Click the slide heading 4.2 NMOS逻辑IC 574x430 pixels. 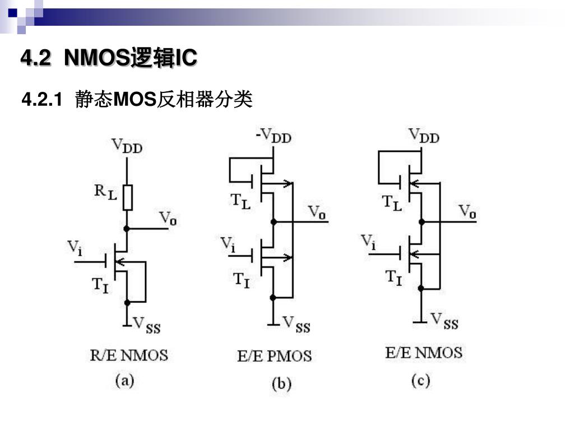tap(109, 58)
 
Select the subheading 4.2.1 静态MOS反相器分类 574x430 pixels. tap(137, 100)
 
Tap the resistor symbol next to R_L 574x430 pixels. tap(128, 197)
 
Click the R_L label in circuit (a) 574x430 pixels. tap(105, 192)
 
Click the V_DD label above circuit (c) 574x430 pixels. tap(424, 135)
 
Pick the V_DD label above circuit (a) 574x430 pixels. tap(127, 146)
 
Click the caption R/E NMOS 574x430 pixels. tap(129, 355)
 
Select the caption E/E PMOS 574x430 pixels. tap(274, 356)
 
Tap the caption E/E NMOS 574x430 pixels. tap(424, 353)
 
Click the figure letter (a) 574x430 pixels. tap(125, 381)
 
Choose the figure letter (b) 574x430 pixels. tap(281, 384)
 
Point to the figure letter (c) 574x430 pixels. tap(420, 381)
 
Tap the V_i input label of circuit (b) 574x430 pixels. tap(228, 245)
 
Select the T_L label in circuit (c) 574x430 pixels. tap(392, 202)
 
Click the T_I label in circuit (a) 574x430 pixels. tap(100, 285)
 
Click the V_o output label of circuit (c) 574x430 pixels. tap(467, 212)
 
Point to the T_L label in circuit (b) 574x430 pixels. tap(241, 202)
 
